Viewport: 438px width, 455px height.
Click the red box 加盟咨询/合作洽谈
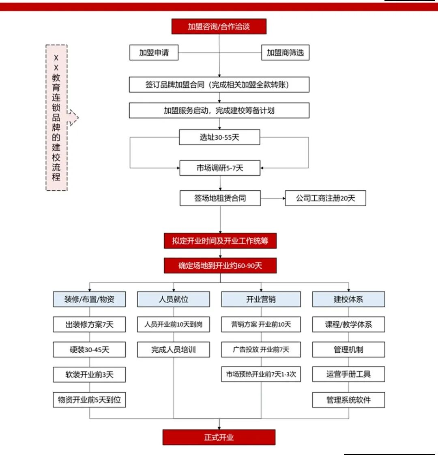point(219,26)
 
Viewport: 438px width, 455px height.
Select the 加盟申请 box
point(154,52)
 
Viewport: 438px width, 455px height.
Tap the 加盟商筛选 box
point(285,52)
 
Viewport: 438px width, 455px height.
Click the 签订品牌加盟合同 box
point(219,84)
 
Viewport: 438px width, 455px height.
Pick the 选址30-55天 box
point(219,137)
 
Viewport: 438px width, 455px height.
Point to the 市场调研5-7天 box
point(220,168)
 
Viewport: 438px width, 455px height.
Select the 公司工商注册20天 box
point(325,198)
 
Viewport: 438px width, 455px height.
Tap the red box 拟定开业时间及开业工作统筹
point(220,241)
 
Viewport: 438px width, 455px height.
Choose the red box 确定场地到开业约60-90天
point(220,265)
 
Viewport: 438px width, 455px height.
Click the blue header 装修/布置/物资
point(89,299)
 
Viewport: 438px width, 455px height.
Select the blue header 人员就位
point(174,299)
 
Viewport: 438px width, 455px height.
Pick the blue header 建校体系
point(348,299)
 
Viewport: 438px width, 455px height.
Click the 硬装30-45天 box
point(89,349)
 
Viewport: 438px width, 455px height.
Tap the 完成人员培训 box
point(174,349)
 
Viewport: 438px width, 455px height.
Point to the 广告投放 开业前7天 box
point(261,349)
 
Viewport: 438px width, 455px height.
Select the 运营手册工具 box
point(348,374)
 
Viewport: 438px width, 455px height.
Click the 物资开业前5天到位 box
point(89,400)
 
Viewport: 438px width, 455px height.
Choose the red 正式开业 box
point(219,437)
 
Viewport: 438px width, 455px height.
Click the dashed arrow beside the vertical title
point(73,118)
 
